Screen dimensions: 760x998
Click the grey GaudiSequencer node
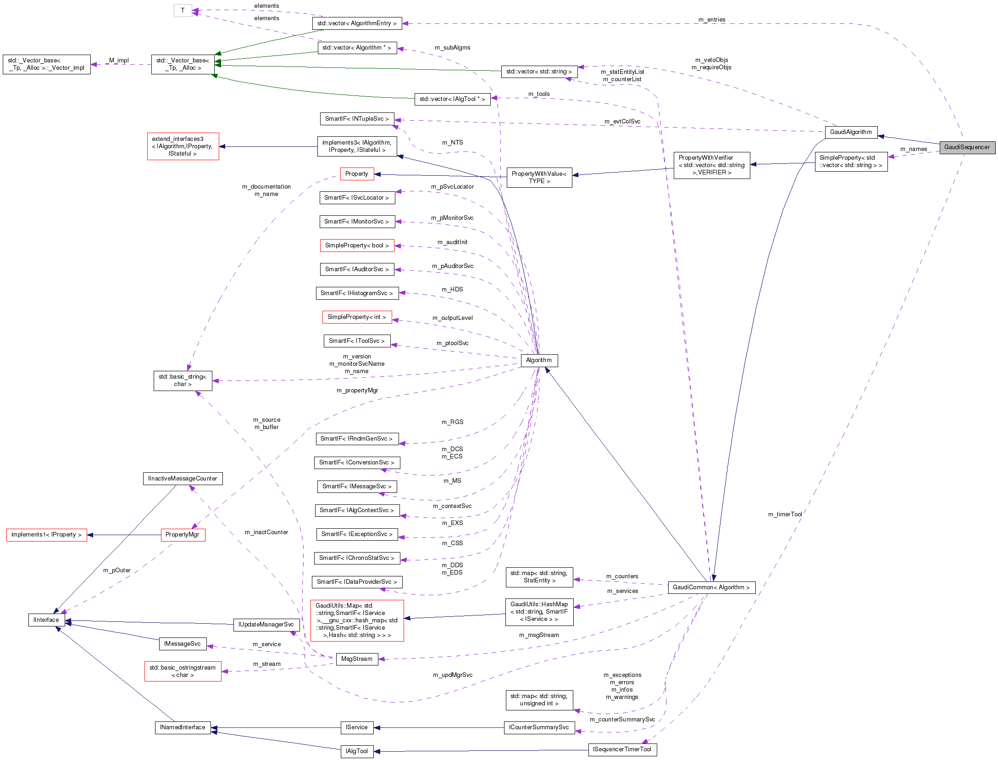click(967, 147)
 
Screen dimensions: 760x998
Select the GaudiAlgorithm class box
click(851, 132)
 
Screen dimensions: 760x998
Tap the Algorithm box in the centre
click(539, 360)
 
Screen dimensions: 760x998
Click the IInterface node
click(46, 620)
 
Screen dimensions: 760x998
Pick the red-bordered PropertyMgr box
click(183, 535)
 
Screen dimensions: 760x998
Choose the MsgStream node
click(357, 659)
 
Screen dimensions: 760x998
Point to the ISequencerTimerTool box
click(622, 749)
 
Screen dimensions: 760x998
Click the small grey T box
click(183, 11)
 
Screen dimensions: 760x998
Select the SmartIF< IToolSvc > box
click(357, 341)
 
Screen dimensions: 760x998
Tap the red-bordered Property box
click(357, 174)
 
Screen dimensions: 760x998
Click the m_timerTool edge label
click(785, 514)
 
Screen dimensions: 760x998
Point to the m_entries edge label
click(712, 20)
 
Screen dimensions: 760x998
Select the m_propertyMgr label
click(357, 391)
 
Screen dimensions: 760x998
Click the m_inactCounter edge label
click(266, 532)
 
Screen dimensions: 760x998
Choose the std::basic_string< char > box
click(183, 380)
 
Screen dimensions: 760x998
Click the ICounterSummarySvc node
click(539, 727)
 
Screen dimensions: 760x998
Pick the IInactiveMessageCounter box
click(183, 479)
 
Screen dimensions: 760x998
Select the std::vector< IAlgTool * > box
click(452, 99)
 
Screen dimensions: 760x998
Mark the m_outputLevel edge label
click(453, 318)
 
